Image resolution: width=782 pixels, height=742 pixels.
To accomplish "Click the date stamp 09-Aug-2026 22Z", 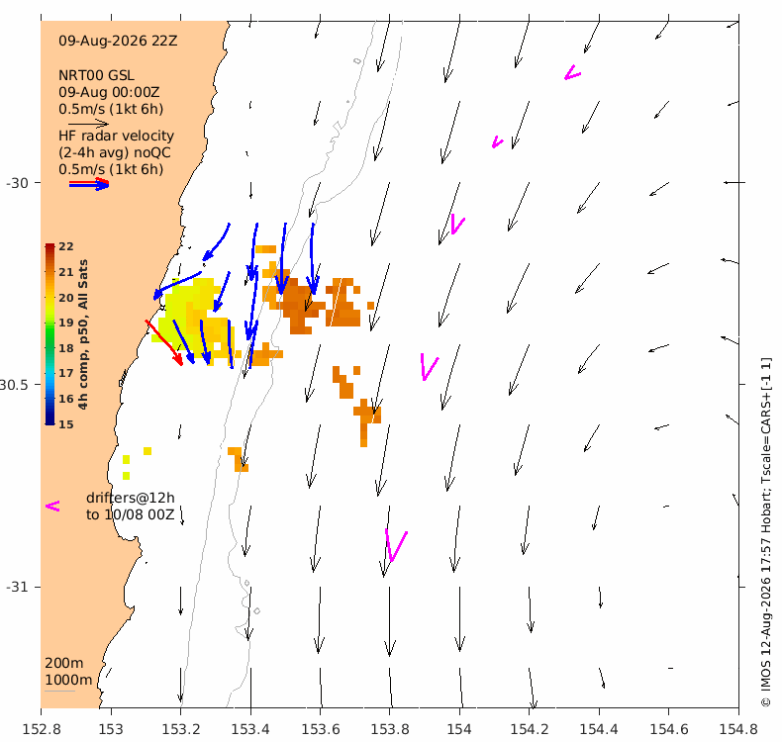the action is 118,41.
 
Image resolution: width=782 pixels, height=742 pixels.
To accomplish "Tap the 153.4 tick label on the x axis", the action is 250,729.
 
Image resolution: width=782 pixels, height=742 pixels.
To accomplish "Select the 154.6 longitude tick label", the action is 668,729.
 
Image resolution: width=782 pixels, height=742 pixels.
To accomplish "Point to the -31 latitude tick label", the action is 17,587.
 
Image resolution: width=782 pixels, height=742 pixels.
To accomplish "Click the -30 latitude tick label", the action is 17,183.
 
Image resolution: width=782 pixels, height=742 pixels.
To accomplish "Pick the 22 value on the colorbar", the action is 66,246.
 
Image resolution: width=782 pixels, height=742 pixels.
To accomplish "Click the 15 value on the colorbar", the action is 66,424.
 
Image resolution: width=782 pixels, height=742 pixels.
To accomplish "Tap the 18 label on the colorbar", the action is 66,348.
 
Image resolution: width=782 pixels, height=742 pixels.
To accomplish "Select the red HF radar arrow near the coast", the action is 164,343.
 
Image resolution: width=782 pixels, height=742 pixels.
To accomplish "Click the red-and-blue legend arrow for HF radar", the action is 89,184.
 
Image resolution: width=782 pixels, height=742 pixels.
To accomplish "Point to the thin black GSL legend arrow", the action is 88,124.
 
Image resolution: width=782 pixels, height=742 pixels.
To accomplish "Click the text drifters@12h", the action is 130,498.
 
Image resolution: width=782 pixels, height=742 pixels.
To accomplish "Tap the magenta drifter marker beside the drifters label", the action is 52,507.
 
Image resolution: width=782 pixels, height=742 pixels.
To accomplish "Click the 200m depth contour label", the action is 63,663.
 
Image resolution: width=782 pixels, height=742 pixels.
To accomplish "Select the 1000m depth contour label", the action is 68,681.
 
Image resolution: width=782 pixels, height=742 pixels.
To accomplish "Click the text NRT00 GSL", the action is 96,76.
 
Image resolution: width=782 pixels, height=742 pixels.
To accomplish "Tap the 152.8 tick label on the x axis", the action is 42,729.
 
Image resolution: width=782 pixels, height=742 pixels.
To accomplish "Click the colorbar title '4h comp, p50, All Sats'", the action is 83,334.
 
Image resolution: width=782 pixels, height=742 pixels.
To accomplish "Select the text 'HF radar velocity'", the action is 116,137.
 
